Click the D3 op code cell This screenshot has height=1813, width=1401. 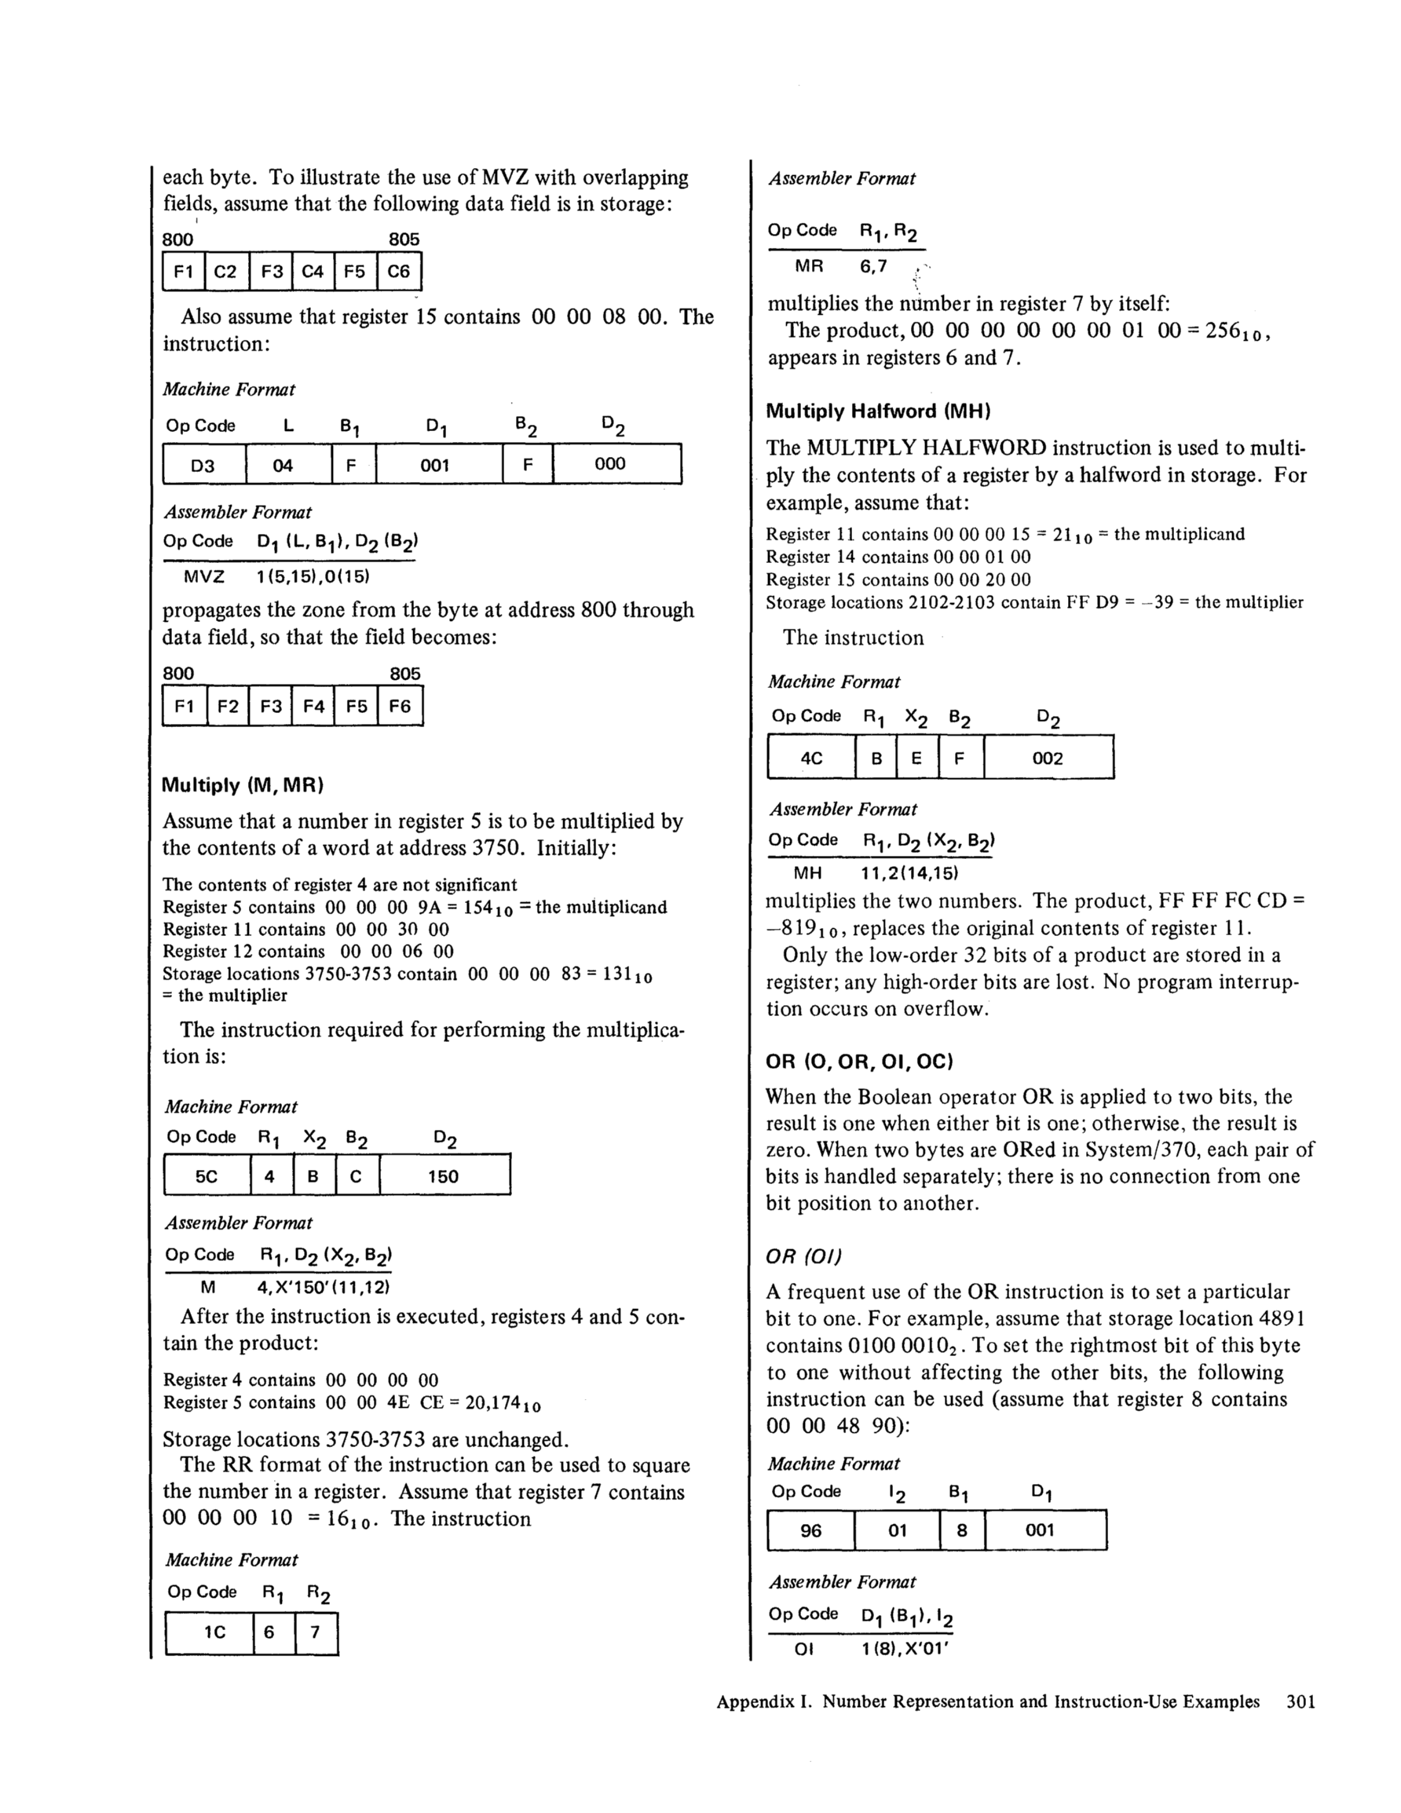click(x=203, y=465)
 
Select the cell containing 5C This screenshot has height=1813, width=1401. click(x=207, y=1175)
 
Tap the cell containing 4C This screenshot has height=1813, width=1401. click(x=810, y=758)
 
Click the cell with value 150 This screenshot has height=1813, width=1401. click(x=444, y=1175)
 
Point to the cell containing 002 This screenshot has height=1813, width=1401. click(x=1048, y=758)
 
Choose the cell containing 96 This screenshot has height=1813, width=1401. click(x=810, y=1530)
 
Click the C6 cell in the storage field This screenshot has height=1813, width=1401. click(x=399, y=272)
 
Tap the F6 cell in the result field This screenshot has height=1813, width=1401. click(x=400, y=707)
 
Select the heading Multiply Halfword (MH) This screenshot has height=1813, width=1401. click(x=878, y=411)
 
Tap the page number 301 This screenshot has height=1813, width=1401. click(x=1300, y=1702)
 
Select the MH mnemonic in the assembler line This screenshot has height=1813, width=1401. click(x=807, y=872)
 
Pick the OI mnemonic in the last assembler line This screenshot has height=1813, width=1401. click(x=803, y=1649)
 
